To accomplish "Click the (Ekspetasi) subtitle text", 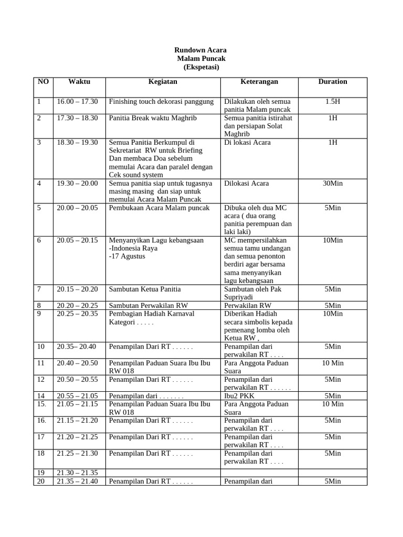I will tap(201, 67).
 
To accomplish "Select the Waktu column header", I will tap(79, 81).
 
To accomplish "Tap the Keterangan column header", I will tap(259, 81).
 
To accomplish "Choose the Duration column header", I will tap(333, 81).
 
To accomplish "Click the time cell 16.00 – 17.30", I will tap(78, 101).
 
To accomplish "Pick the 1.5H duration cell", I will tap(333, 101).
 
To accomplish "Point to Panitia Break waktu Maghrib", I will tap(153, 118).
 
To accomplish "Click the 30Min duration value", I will tap(333, 183).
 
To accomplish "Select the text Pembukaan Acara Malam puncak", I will tap(159, 208).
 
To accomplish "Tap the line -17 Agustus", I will tap(127, 256).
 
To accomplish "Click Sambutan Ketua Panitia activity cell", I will tap(145, 289).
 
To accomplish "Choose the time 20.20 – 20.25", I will tap(78, 305).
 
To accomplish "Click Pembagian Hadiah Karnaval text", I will tap(152, 314).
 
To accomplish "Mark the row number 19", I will tap(41, 472).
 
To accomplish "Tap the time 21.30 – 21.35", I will tap(78, 472).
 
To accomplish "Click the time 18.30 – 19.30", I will tap(78, 142).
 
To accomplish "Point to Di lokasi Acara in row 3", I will tap(248, 142).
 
